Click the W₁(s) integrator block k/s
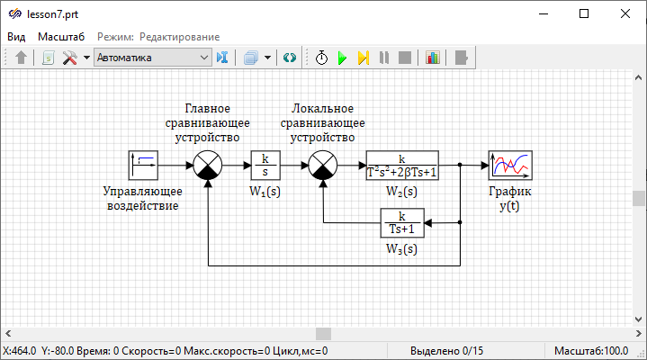[265, 166]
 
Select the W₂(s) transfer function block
[402, 166]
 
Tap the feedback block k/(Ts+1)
[402, 221]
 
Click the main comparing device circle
[208, 166]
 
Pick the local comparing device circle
[322, 166]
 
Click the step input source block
[143, 166]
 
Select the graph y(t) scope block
[510, 166]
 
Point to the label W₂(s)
[401, 191]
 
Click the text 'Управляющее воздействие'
[142, 198]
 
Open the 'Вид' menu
[16, 37]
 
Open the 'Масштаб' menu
[61, 37]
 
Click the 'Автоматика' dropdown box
[151, 58]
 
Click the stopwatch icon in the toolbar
[321, 58]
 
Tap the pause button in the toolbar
[384, 58]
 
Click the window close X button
[625, 13]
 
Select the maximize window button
[584, 13]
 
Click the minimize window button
[543, 13]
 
